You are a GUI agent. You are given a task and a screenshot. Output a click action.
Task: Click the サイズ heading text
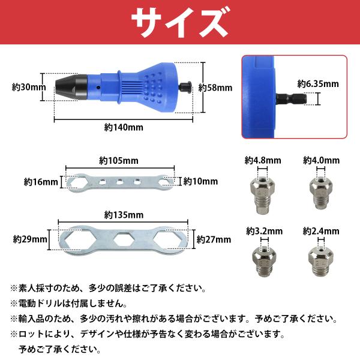181,22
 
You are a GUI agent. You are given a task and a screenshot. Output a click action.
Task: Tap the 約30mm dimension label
29,87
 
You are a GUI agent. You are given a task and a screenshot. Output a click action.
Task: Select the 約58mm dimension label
215,88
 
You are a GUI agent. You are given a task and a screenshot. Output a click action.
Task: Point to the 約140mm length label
124,127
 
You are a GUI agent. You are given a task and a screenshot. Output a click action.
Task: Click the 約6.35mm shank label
318,84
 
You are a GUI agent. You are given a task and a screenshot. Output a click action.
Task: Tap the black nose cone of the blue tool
71,87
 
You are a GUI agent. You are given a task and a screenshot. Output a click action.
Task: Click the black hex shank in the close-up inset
292,99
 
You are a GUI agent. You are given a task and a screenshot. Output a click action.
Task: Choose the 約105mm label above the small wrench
119,160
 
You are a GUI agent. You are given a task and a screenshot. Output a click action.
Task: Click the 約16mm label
41,182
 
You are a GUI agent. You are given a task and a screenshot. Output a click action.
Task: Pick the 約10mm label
200,181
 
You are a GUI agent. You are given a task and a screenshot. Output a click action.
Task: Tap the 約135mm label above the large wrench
124,215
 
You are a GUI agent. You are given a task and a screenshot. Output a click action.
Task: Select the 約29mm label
30,239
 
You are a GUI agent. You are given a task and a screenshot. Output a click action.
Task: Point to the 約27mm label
214,239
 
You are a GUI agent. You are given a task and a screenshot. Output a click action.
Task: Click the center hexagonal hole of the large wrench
124,240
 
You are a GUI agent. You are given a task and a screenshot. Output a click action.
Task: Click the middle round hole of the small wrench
119,182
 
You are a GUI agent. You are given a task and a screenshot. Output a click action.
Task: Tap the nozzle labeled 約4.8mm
262,196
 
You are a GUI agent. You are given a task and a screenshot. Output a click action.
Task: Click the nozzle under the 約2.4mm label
321,261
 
